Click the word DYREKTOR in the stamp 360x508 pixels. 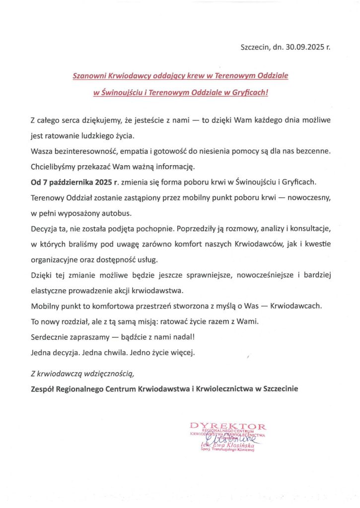point(228,426)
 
